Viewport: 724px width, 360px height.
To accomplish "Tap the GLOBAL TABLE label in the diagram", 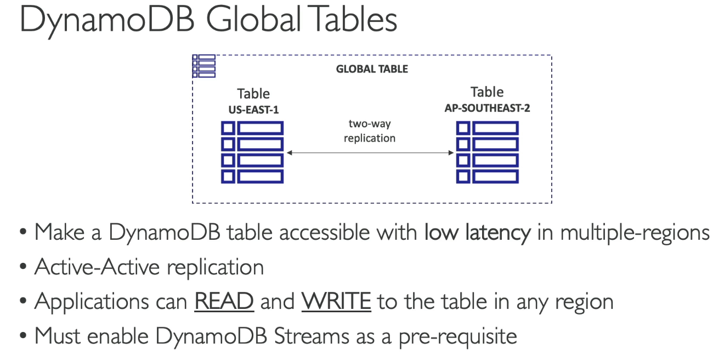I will [372, 69].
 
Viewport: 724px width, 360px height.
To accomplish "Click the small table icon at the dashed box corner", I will [203, 66].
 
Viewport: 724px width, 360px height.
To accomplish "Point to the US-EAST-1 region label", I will [253, 110].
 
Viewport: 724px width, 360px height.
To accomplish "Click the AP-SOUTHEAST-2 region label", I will [487, 108].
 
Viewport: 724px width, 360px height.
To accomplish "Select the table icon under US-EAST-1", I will [252, 153].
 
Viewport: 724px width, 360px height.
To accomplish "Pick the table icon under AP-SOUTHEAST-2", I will [487, 153].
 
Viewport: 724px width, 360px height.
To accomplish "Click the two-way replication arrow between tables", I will [370, 153].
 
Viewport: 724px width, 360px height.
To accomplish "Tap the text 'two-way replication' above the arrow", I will [370, 131].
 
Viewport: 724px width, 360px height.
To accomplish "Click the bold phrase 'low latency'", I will [478, 233].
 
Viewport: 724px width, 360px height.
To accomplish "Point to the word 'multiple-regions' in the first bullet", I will [635, 233].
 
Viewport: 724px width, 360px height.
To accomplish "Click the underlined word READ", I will [224, 301].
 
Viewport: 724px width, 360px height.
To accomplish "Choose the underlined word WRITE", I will [336, 301].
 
